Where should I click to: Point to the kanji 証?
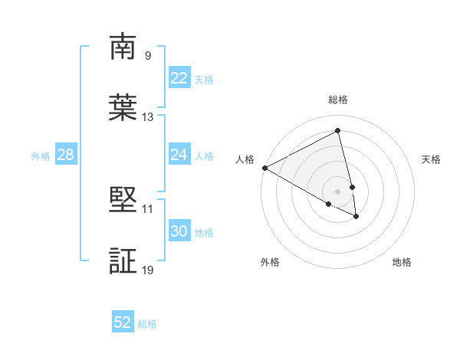click(123, 261)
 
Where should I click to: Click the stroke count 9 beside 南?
click(148, 55)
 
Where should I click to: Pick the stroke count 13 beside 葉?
click(148, 117)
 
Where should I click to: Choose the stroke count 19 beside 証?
click(148, 270)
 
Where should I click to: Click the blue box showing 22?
click(179, 78)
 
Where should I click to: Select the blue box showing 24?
click(179, 155)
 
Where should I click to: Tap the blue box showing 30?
click(179, 231)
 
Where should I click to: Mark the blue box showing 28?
click(65, 155)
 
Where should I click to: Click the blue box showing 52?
click(123, 322)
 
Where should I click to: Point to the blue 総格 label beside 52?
click(147, 324)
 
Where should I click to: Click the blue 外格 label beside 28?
click(41, 156)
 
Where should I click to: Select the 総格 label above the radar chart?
click(338, 100)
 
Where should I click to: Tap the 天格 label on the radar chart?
click(431, 159)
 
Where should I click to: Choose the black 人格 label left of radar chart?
click(245, 159)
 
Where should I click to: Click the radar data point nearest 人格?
click(264, 168)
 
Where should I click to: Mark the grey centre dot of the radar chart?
click(338, 191)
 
